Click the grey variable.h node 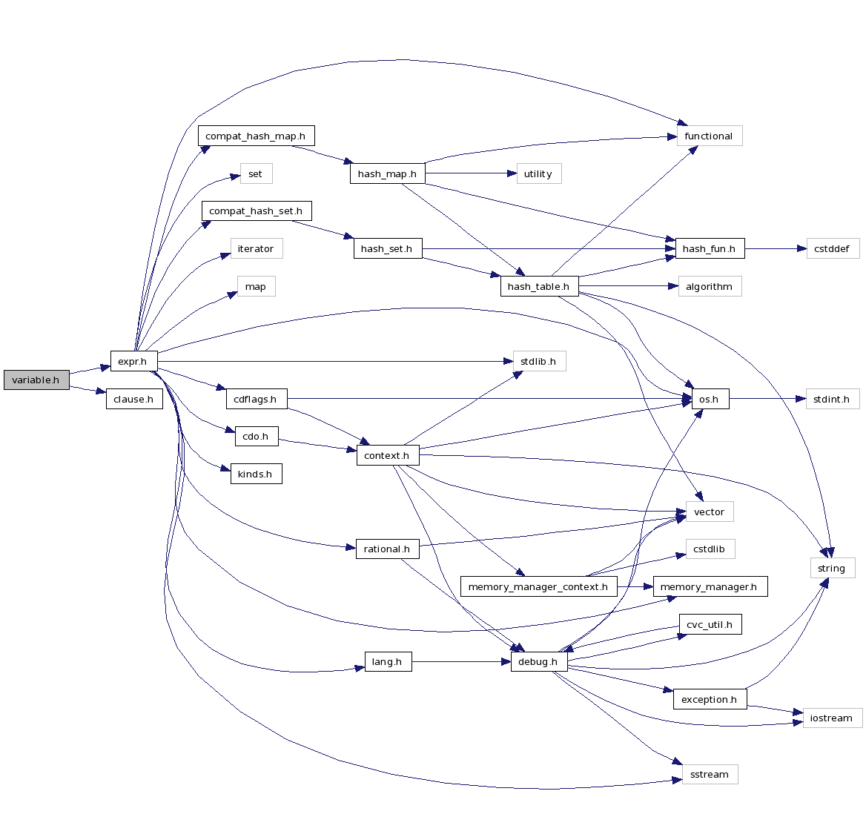[36, 380]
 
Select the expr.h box [133, 362]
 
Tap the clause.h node [133, 400]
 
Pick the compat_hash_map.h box [256, 136]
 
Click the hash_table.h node [538, 287]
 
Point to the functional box [709, 136]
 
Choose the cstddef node [832, 249]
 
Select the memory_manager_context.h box [538, 587]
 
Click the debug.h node [538, 662]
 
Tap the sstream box [710, 775]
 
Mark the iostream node [832, 718]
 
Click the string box [832, 569]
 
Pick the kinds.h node [256, 474]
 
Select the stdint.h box [832, 400]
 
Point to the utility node [538, 174]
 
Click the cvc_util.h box [710, 625]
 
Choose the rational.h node [387, 549]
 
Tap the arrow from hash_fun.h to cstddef [775, 249]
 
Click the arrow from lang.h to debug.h [460, 662]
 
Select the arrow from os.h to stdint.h [767, 400]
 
